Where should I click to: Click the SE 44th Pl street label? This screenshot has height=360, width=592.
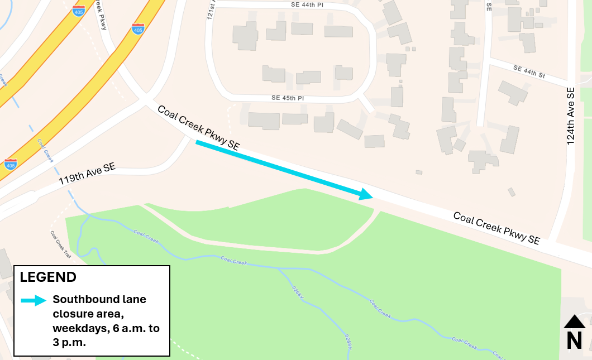[x=308, y=4]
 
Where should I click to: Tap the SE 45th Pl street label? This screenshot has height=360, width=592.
[x=287, y=98]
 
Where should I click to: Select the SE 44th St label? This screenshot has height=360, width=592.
[x=529, y=71]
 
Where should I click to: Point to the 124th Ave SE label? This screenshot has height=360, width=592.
[x=570, y=116]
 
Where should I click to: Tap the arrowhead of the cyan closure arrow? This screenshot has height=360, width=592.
[x=366, y=194]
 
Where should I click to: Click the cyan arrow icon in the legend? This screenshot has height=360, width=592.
[x=34, y=300]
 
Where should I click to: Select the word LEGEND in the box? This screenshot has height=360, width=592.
[x=49, y=277]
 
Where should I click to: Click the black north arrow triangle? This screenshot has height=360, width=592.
[x=574, y=321]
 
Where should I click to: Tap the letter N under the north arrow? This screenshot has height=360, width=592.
[x=574, y=340]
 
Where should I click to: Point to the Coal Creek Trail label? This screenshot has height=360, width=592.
[x=61, y=245]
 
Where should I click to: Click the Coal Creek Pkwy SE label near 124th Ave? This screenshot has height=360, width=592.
[x=496, y=228]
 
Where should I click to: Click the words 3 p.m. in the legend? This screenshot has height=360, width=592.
[x=70, y=343]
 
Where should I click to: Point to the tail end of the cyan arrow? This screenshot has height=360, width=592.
[x=197, y=143]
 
